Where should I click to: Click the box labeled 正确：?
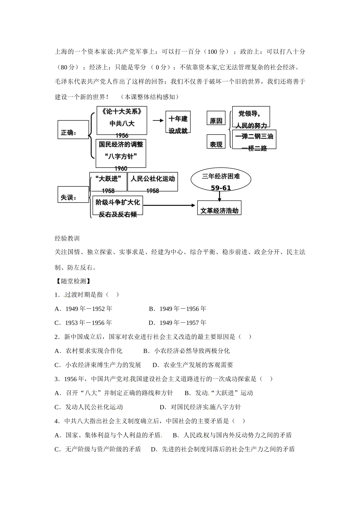click(x=73, y=130)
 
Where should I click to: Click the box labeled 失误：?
click(x=73, y=194)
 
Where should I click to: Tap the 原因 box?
click(x=216, y=118)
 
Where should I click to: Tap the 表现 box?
click(x=216, y=142)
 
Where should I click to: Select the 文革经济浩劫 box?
click(x=219, y=208)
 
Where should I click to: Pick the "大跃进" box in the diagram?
click(x=108, y=182)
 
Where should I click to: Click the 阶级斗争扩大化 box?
click(x=117, y=206)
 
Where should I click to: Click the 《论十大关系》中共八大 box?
click(x=122, y=120)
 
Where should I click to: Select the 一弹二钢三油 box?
click(x=254, y=139)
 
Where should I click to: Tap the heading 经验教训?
click(x=67, y=238)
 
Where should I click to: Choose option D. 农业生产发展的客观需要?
click(x=193, y=365)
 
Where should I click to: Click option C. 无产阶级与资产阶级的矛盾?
click(x=98, y=449)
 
